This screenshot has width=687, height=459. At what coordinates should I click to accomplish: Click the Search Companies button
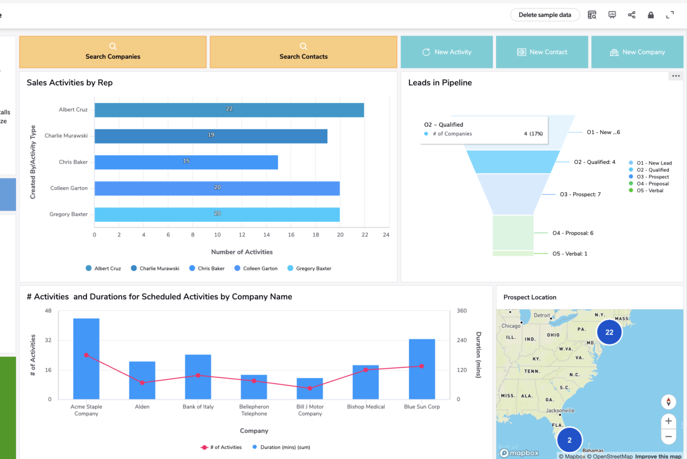click(x=113, y=52)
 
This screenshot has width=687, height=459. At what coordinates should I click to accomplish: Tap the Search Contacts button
click(x=303, y=52)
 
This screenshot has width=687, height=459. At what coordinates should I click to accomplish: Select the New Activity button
click(x=447, y=52)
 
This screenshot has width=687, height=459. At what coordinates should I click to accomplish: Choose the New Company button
click(x=637, y=52)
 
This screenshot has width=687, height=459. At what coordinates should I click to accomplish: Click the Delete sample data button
click(x=544, y=15)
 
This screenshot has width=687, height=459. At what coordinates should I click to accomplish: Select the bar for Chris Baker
click(x=186, y=162)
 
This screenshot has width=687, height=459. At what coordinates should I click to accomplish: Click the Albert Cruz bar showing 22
click(x=229, y=110)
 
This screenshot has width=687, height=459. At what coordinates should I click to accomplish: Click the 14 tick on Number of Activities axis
click(x=266, y=235)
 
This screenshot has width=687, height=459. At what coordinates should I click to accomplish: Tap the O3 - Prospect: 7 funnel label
click(x=580, y=194)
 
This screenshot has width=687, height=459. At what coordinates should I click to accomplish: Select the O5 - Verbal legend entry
click(x=650, y=191)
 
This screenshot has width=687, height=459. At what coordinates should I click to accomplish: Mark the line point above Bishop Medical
click(x=366, y=370)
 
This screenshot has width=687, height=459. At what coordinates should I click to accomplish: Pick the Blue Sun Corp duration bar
click(x=422, y=369)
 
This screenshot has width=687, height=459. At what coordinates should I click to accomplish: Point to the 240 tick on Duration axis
click(x=462, y=340)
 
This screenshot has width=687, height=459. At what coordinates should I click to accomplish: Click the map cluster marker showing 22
click(x=609, y=332)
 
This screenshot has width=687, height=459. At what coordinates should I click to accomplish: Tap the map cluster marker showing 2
click(x=569, y=440)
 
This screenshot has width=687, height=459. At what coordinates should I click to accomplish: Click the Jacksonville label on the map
click(x=559, y=410)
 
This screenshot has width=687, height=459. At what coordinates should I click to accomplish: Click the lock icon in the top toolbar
click(x=651, y=15)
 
